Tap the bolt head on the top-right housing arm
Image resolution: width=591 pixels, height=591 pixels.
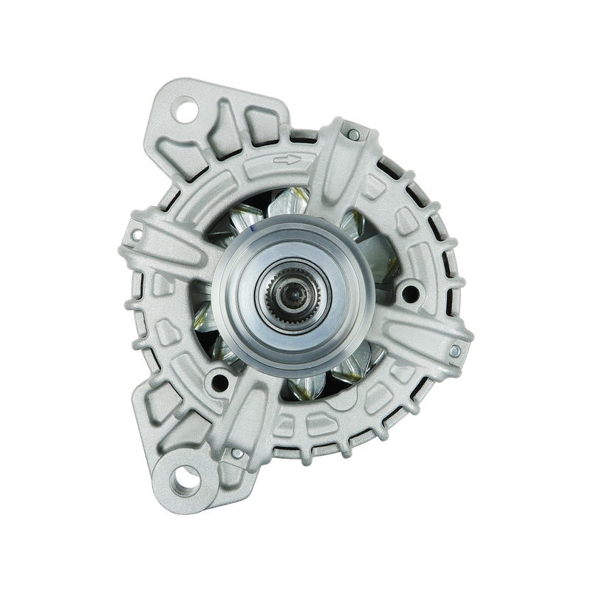(x=353, y=134)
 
